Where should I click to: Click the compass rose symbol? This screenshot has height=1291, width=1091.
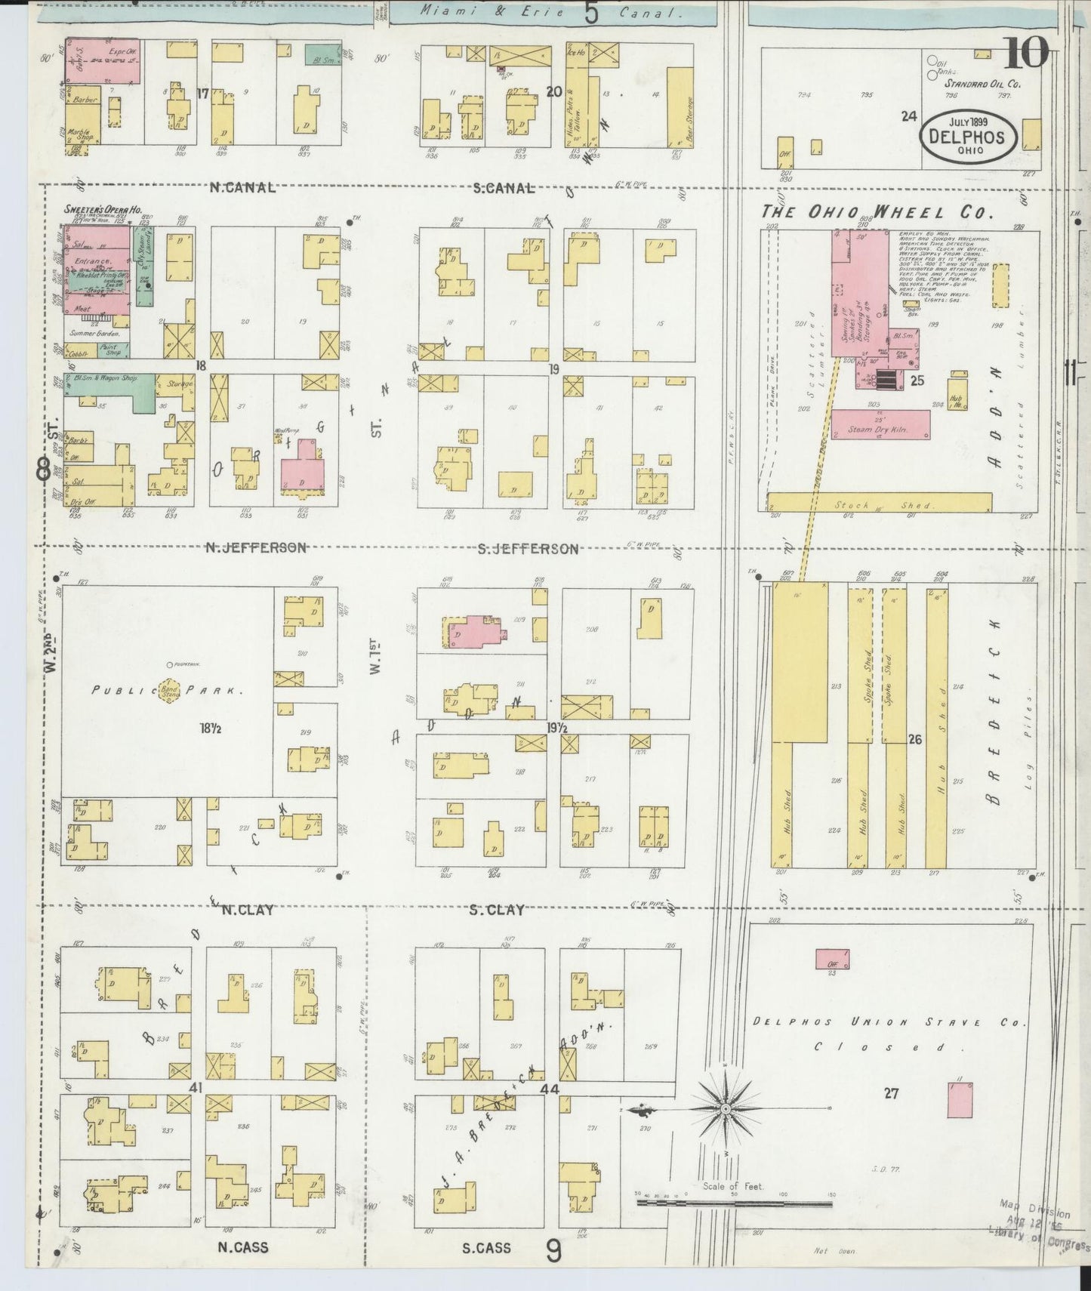click(x=724, y=1108)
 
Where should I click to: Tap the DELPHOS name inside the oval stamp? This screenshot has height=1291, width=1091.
click(x=967, y=137)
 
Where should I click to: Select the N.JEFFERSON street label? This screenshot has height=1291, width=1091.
click(x=257, y=548)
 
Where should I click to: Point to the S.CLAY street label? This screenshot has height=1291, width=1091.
click(x=497, y=910)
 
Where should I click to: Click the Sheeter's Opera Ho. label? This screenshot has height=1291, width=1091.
click(x=104, y=210)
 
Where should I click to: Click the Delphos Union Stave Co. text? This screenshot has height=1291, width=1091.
click(x=889, y=1023)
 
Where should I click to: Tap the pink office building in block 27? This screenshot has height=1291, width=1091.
click(x=832, y=959)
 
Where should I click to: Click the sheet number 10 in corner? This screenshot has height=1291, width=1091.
click(x=1026, y=53)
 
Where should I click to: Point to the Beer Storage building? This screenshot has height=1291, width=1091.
click(x=681, y=105)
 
